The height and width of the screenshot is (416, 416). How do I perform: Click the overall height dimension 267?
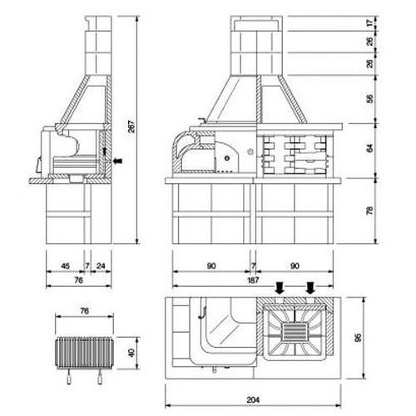pyautogui.click(x=132, y=126)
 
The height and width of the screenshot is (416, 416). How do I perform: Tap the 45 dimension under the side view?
pyautogui.click(x=65, y=266)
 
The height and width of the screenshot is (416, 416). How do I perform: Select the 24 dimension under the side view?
pyautogui.click(x=101, y=266)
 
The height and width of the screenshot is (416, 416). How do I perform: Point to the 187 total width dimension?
pyautogui.click(x=253, y=280)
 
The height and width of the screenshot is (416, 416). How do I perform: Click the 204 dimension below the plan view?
pyautogui.click(x=253, y=399)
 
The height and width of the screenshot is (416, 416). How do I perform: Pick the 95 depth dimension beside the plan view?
pyautogui.click(x=358, y=337)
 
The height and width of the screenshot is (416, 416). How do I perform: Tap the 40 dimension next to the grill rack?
pyautogui.click(x=131, y=353)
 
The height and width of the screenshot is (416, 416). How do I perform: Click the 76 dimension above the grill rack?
pyautogui.click(x=84, y=311)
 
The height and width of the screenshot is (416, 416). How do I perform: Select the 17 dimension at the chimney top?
pyautogui.click(x=370, y=23)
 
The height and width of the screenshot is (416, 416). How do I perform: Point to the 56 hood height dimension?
pyautogui.click(x=370, y=99)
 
